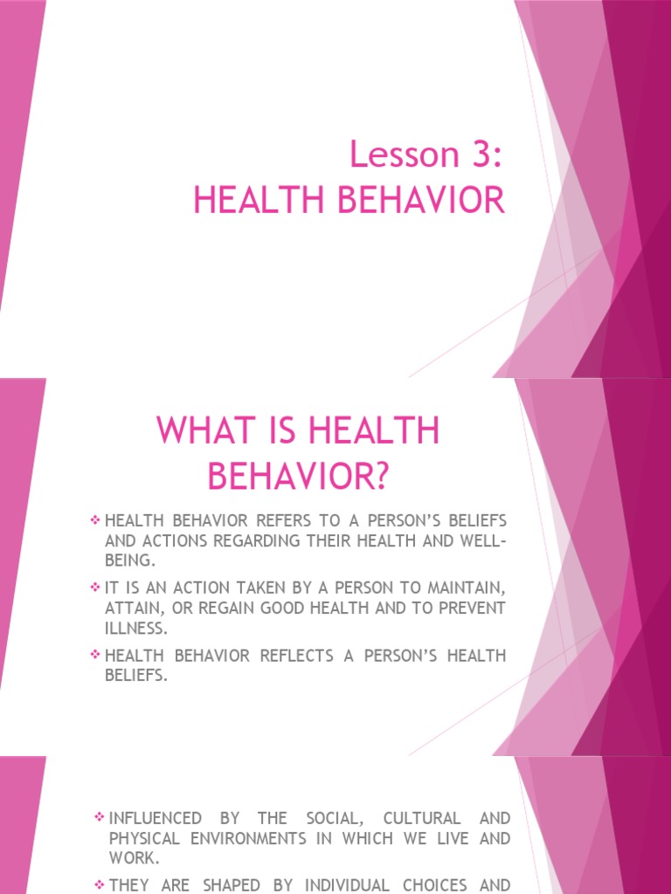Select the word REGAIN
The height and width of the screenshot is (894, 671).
point(207,607)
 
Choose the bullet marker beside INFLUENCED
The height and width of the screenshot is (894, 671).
point(98,818)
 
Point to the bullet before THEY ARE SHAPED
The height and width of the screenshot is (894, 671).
point(98,884)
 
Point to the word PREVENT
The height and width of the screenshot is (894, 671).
point(472,607)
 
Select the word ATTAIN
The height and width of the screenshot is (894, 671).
point(136,607)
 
